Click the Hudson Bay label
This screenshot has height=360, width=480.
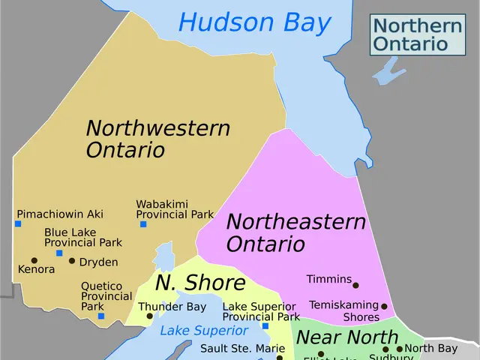pyautogui.click(x=254, y=22)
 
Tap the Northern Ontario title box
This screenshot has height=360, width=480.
pyautogui.click(x=417, y=34)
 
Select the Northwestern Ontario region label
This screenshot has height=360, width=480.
pyautogui.click(x=157, y=139)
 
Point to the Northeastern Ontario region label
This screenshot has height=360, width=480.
pyautogui.click(x=295, y=232)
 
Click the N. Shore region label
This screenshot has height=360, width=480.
pyautogui.click(x=200, y=283)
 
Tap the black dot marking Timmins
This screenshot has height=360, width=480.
pyautogui.click(x=356, y=285)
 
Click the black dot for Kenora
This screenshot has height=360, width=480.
pyautogui.click(x=34, y=260)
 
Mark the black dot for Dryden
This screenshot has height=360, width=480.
pyautogui.click(x=72, y=261)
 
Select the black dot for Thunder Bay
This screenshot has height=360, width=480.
pyautogui.click(x=149, y=316)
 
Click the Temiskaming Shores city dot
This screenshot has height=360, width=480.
pyautogui.click(x=384, y=306)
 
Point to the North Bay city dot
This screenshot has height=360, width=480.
pyautogui.click(x=400, y=349)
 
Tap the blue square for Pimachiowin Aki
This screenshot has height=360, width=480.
pyautogui.click(x=18, y=223)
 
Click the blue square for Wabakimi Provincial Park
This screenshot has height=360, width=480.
pyautogui.click(x=143, y=223)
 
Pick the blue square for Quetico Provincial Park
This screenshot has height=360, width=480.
pyautogui.click(x=101, y=316)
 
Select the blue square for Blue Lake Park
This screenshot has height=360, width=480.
pyautogui.click(x=59, y=253)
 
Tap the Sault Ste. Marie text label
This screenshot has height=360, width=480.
pyautogui.click(x=242, y=349)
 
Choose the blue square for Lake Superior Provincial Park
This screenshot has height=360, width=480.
pyautogui.click(x=265, y=325)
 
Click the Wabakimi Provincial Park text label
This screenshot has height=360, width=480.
pyautogui.click(x=175, y=209)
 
